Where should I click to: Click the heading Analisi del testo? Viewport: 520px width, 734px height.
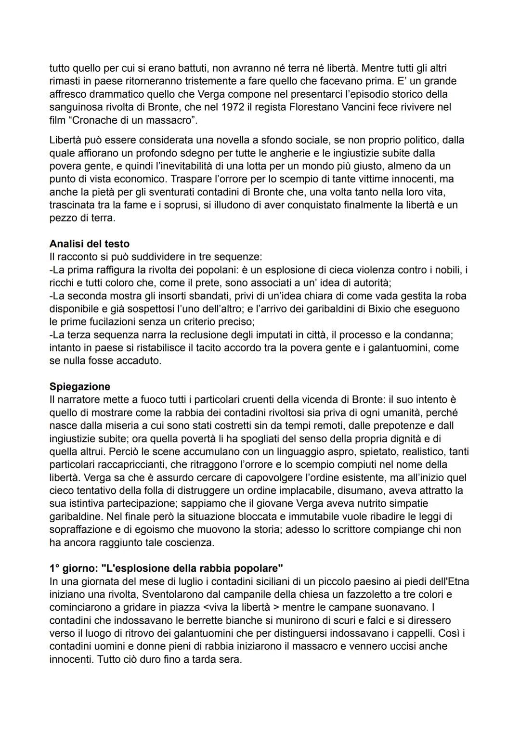pyautogui.click(x=90, y=244)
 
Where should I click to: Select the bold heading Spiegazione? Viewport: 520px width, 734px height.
pyautogui.click(x=80, y=386)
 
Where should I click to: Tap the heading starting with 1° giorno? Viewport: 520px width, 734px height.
pyautogui.click(x=166, y=568)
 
